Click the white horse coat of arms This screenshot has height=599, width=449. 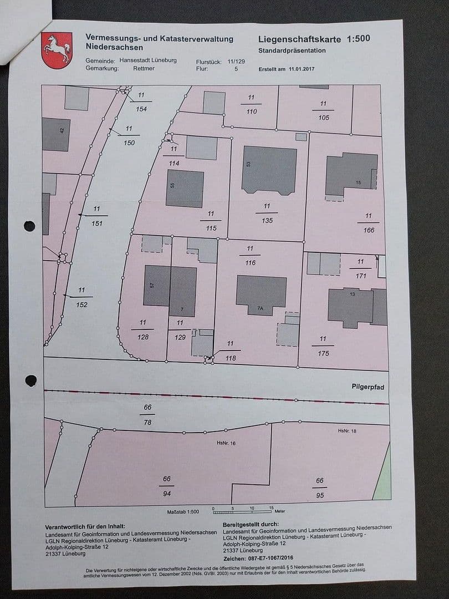click(x=57, y=50)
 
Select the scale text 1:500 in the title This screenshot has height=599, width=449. click(x=359, y=39)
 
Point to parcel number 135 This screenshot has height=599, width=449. click(x=267, y=220)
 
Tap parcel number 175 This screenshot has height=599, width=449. click(x=323, y=352)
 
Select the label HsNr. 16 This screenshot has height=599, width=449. click(x=226, y=443)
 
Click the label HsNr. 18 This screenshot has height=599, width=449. click(x=346, y=430)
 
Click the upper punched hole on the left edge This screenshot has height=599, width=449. click(x=30, y=226)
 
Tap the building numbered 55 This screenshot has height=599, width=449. click(x=185, y=189)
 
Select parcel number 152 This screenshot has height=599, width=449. click(x=82, y=304)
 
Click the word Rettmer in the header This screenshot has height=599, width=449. click(x=143, y=68)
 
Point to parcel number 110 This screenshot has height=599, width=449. click(x=252, y=111)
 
